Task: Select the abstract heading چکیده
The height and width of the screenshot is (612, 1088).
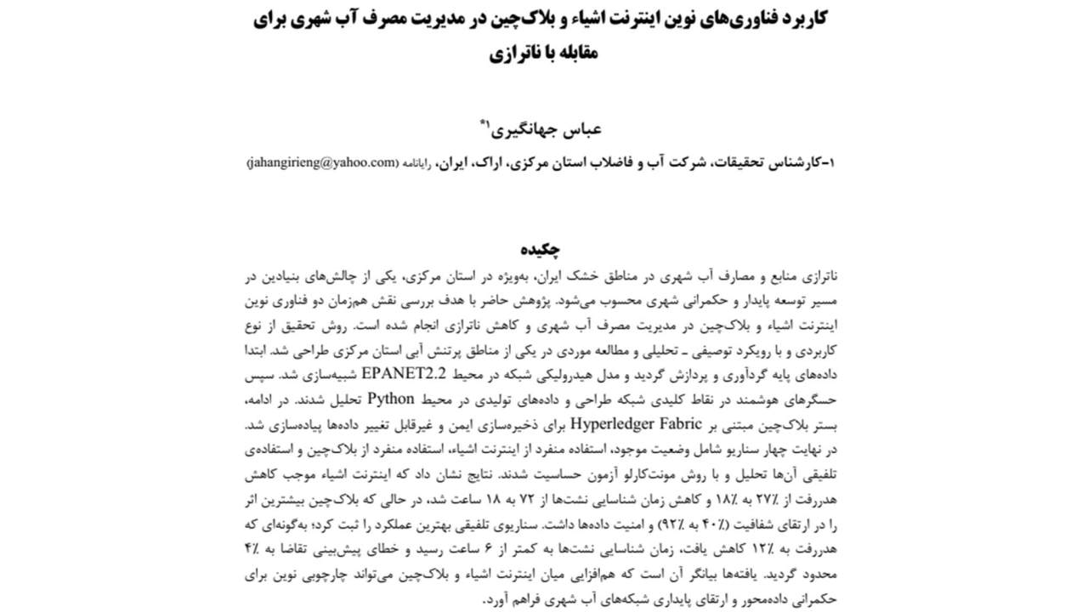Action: click(x=542, y=250)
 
